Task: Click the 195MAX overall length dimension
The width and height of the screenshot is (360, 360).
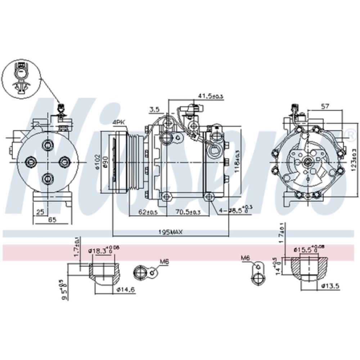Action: (x=170, y=232)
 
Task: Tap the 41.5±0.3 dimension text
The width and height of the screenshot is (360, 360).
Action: (x=211, y=95)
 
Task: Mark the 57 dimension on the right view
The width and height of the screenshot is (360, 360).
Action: (x=325, y=106)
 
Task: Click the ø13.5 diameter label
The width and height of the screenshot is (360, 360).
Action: (x=330, y=286)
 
